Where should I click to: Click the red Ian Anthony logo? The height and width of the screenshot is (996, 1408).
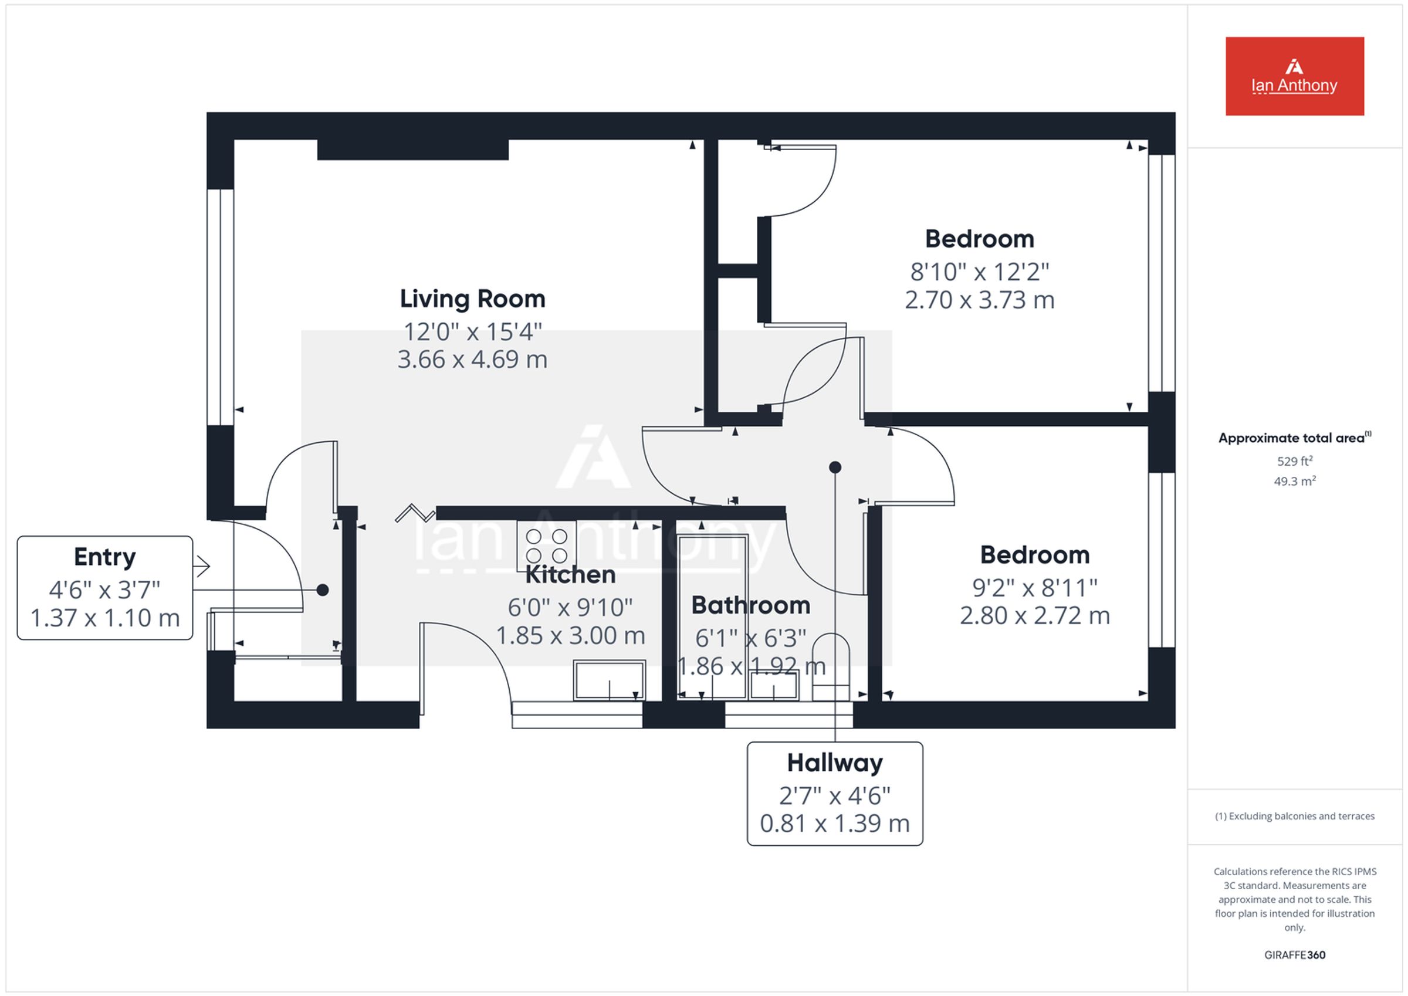click(x=1295, y=76)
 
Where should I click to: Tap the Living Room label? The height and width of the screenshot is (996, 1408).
click(x=472, y=299)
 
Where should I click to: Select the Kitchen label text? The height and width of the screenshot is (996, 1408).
click(x=570, y=575)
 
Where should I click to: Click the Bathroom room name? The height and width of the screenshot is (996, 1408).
click(x=750, y=605)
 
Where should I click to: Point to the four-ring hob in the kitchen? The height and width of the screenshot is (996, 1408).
click(x=546, y=546)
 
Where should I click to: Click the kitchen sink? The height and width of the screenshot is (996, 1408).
click(x=610, y=680)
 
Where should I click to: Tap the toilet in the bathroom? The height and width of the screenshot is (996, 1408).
click(x=831, y=667)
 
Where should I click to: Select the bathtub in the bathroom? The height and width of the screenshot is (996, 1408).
click(x=712, y=617)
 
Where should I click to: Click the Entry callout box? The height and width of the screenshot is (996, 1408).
click(x=105, y=588)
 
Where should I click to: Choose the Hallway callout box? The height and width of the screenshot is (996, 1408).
click(x=835, y=794)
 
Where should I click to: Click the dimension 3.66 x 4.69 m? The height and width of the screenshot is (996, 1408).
click(x=472, y=360)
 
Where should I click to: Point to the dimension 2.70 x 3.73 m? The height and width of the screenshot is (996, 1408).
click(x=979, y=300)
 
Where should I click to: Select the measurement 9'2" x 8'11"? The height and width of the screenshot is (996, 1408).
click(x=1034, y=588)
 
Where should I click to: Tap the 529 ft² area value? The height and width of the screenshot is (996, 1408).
click(x=1295, y=460)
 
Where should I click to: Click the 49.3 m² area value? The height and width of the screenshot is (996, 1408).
click(x=1295, y=481)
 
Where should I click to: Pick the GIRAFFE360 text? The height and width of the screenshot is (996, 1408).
click(x=1295, y=955)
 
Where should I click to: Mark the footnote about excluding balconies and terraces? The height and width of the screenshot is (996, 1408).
click(x=1295, y=816)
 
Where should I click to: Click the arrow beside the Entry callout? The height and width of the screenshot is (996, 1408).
click(x=202, y=566)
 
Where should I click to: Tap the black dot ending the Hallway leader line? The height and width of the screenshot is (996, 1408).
click(x=835, y=467)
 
